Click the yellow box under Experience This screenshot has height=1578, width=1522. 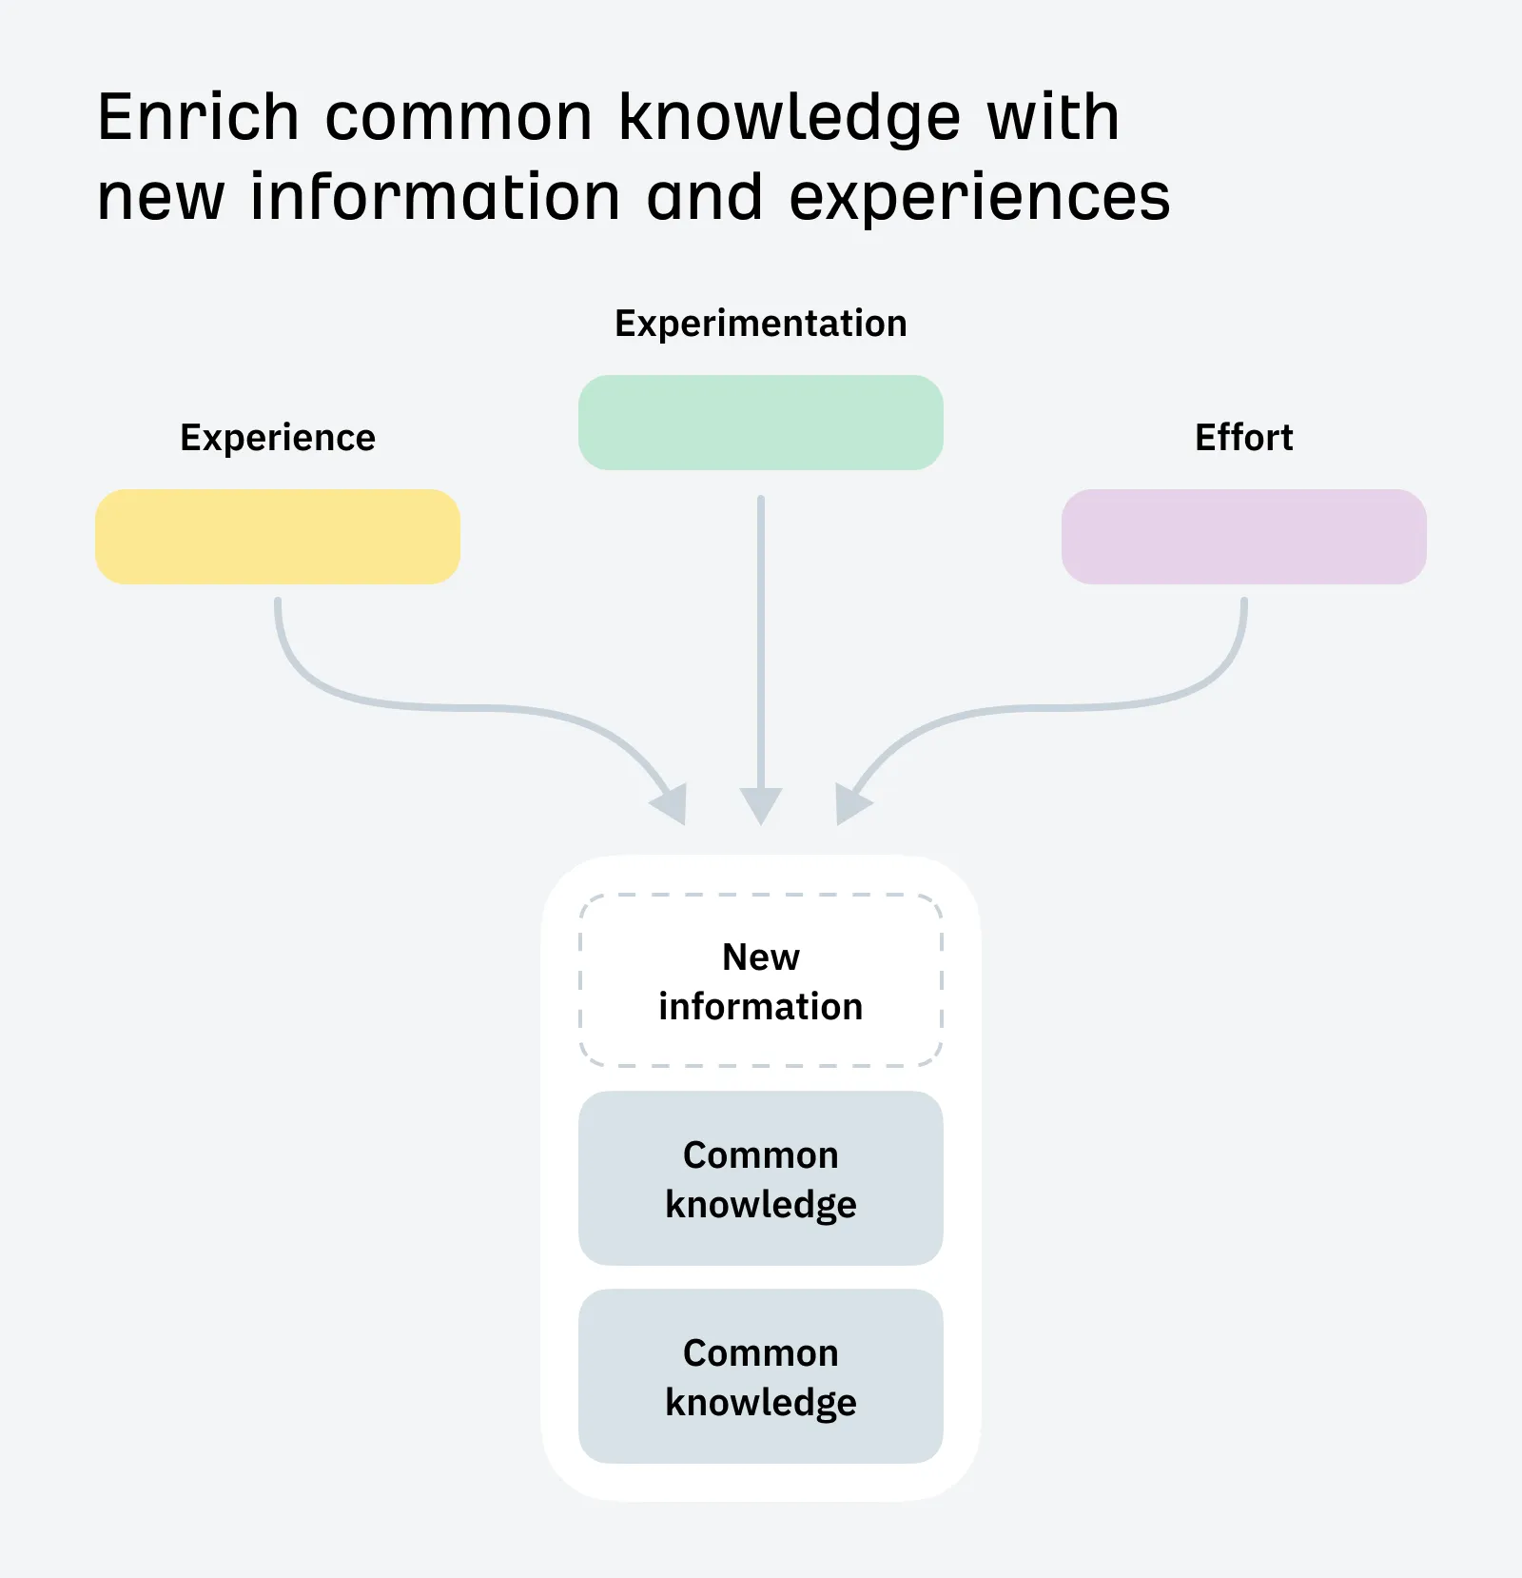pos(277,537)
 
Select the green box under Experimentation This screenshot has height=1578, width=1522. pos(760,423)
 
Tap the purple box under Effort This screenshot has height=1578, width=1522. pos(1243,537)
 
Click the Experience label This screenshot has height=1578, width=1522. pos(278,438)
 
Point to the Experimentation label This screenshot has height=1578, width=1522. pos(760,324)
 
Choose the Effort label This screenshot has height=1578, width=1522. pos(1243,438)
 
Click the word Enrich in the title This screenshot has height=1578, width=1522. pos(198,118)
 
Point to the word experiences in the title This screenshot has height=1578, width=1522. pos(979,198)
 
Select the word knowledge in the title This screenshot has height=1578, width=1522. pos(790,118)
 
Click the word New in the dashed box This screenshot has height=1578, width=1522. pos(760,957)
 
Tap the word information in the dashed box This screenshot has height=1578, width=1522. pos(760,1006)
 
